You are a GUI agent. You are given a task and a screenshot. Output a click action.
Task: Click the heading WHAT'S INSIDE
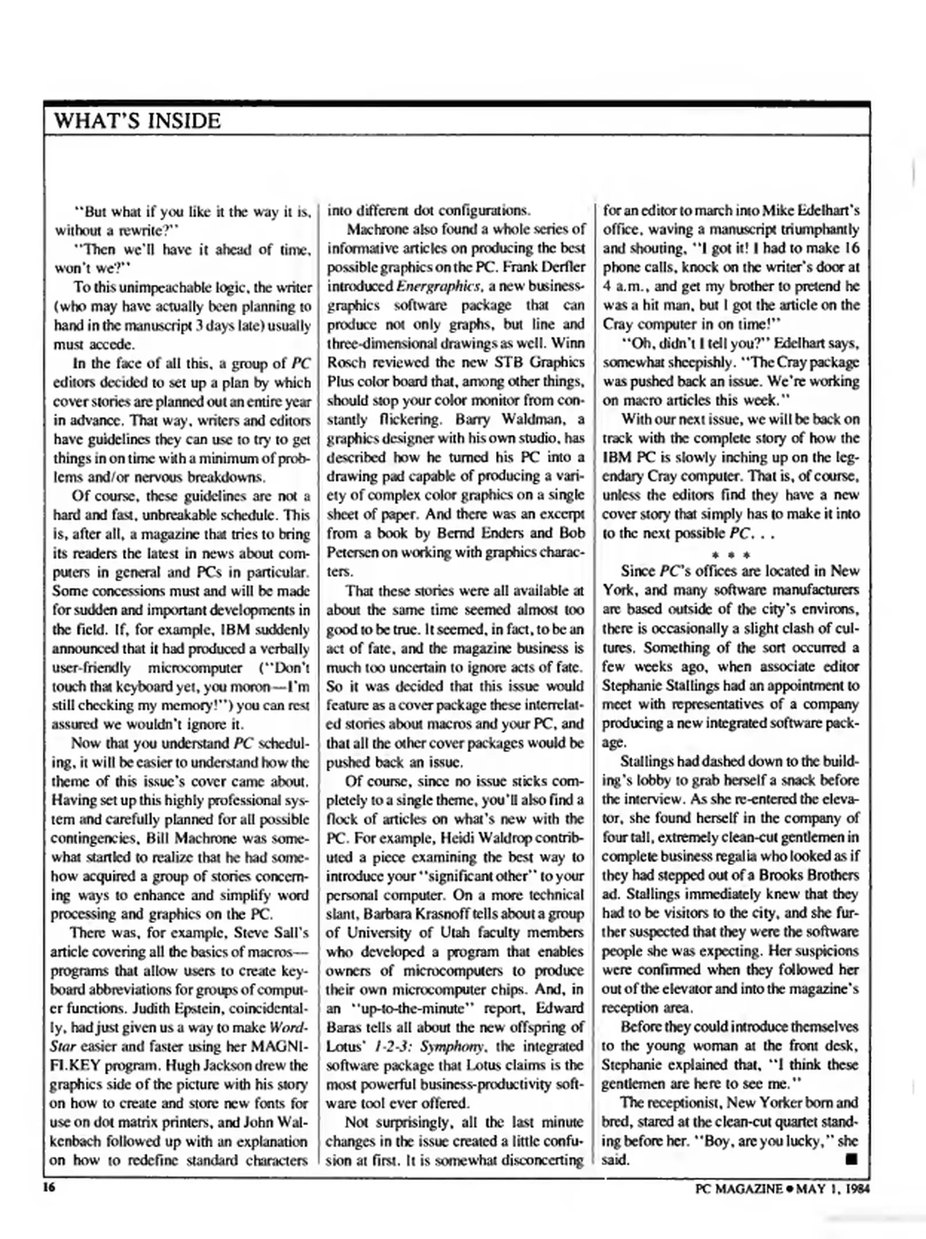coord(137,121)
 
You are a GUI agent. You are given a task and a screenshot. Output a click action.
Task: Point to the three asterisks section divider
coord(731,555)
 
